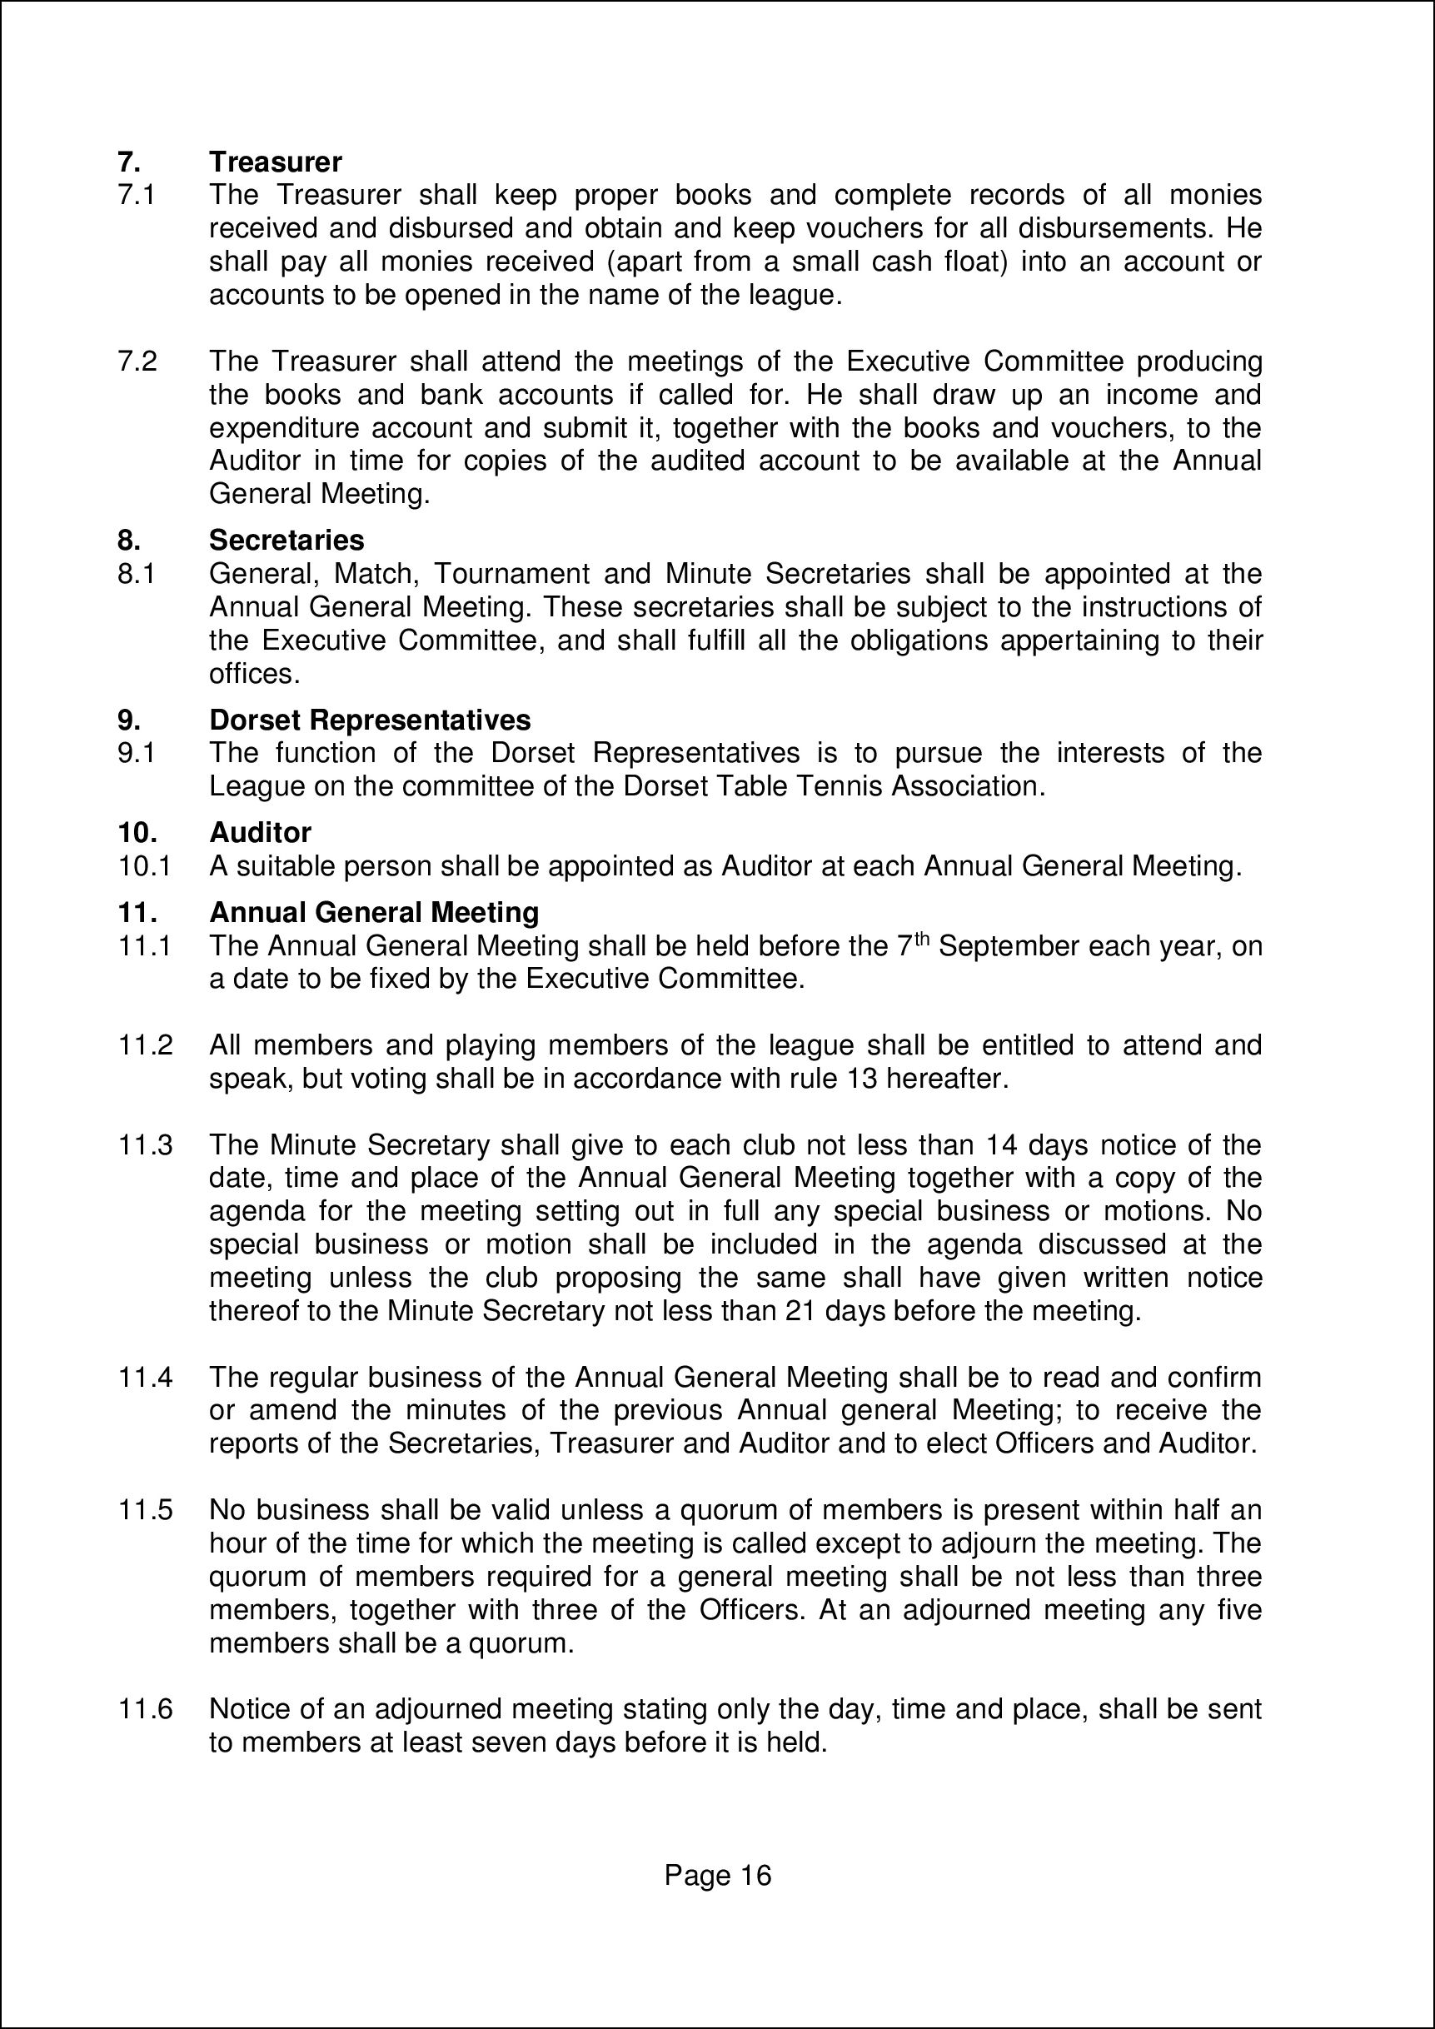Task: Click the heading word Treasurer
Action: (x=275, y=162)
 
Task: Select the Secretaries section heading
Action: (x=287, y=540)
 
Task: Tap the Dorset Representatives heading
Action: (x=369, y=720)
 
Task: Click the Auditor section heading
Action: (x=260, y=832)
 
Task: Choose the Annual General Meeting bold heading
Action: (x=374, y=912)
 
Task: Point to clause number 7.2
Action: (x=137, y=361)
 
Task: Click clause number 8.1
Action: (x=137, y=575)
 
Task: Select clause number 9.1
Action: (x=137, y=753)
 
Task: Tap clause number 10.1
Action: (x=144, y=866)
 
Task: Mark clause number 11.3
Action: (x=145, y=1145)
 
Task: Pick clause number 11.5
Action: (x=145, y=1510)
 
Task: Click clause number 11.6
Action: (x=145, y=1709)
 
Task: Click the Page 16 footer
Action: (x=718, y=1875)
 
